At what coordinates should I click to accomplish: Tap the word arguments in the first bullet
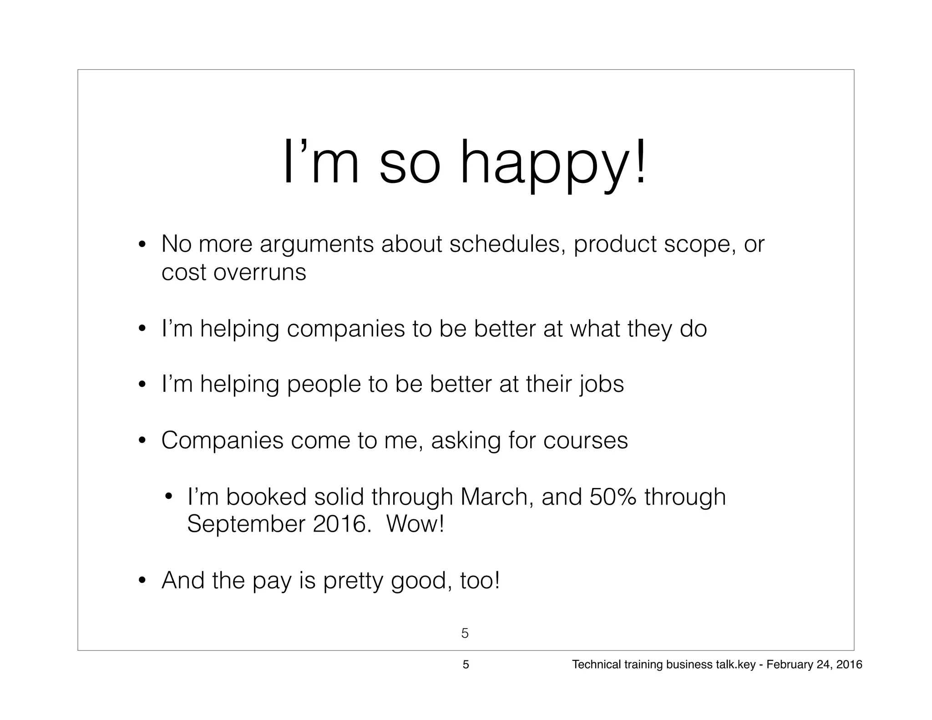[x=317, y=244]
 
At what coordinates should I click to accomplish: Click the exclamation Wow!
[x=415, y=524]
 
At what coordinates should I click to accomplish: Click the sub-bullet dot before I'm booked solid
[x=168, y=497]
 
